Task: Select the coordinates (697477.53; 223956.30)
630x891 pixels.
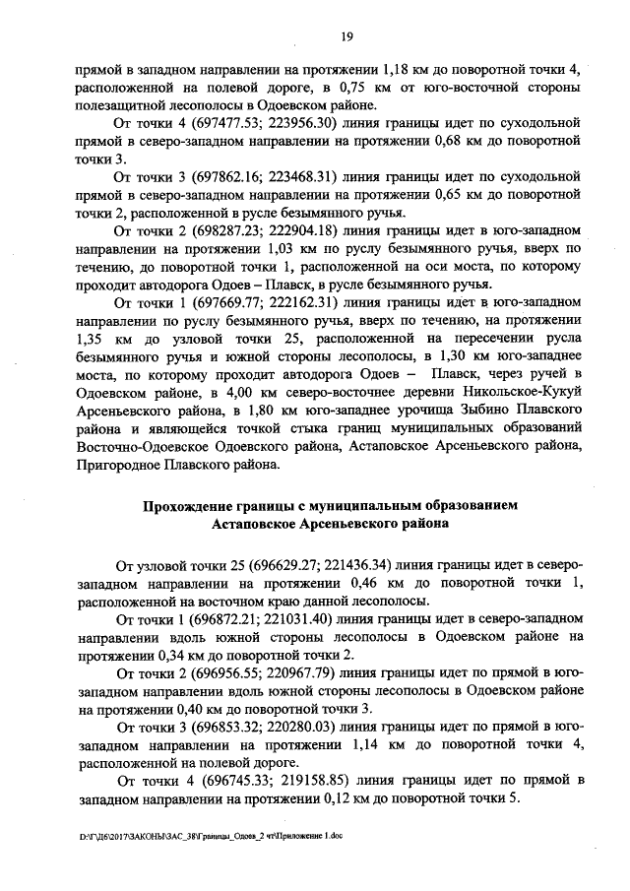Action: click(x=246, y=123)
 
